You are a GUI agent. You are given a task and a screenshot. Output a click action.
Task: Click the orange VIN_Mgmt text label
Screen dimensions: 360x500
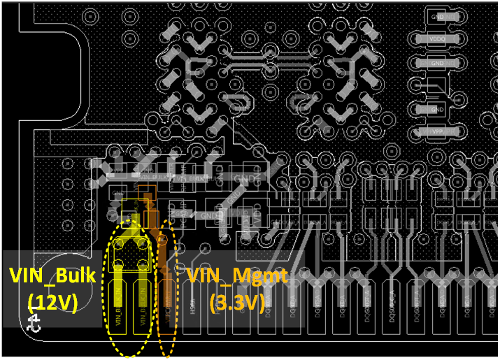(x=236, y=276)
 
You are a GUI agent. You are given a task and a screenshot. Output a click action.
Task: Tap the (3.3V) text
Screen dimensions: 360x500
(x=237, y=303)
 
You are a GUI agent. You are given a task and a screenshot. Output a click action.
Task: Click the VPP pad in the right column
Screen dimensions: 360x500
(x=437, y=131)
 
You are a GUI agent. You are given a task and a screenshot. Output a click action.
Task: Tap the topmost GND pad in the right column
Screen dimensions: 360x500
(x=437, y=16)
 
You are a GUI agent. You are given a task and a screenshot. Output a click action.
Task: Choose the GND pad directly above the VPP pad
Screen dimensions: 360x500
(x=437, y=110)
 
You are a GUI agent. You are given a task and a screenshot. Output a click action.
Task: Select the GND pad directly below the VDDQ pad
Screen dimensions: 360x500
(x=437, y=63)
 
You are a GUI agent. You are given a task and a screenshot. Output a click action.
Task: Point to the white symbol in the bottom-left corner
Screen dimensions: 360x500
(x=32, y=323)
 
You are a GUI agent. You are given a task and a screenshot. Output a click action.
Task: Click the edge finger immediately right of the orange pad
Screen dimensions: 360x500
(x=192, y=308)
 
